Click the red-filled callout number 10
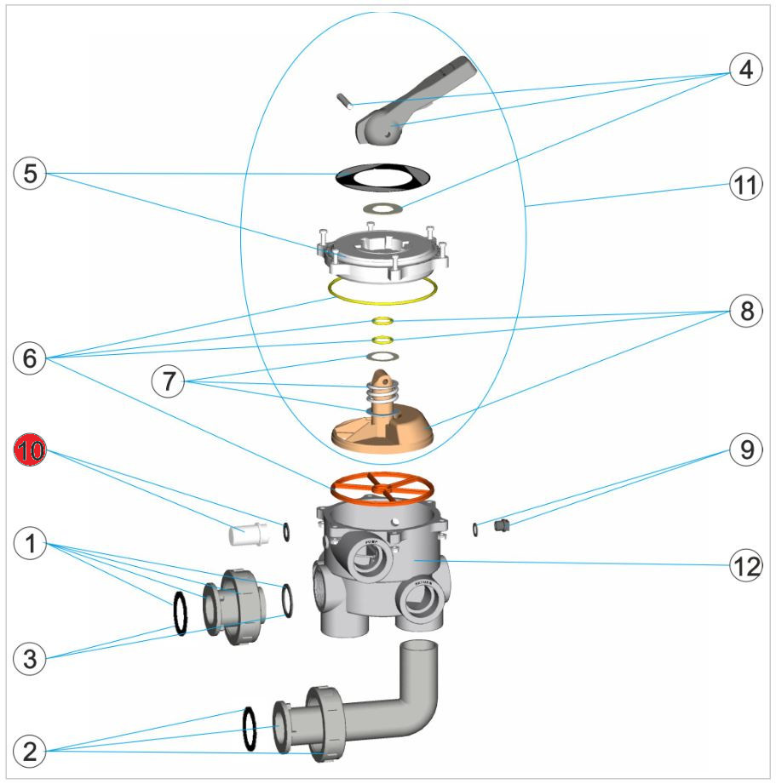point(30,451)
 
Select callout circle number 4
point(744,71)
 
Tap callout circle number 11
point(746,186)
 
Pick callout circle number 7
point(168,381)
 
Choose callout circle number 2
point(30,751)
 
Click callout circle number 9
point(746,450)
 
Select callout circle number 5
point(30,174)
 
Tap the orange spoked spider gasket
point(382,488)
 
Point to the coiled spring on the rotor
point(382,393)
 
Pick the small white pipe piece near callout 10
point(248,535)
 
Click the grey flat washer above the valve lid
point(382,208)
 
